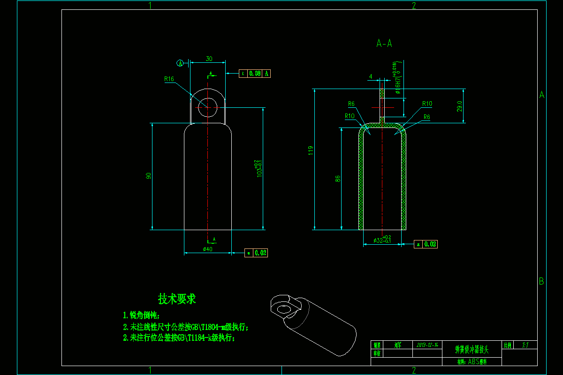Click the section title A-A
coord(384,44)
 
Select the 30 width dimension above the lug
coord(209,59)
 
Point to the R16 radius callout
coord(169,79)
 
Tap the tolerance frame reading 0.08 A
coord(255,74)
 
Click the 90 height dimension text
coord(149,176)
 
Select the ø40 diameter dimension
coord(207,249)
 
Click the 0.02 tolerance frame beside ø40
coord(257,253)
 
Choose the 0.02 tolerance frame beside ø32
coord(426,244)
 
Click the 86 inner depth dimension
coord(337,179)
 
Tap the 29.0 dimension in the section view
coord(459,106)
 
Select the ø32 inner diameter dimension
coord(382,240)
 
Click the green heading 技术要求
coord(177,299)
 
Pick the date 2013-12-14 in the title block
coord(427,345)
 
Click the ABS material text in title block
coord(472,362)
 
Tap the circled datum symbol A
coord(180,63)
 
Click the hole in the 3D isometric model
coord(283,309)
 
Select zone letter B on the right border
coord(541,282)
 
